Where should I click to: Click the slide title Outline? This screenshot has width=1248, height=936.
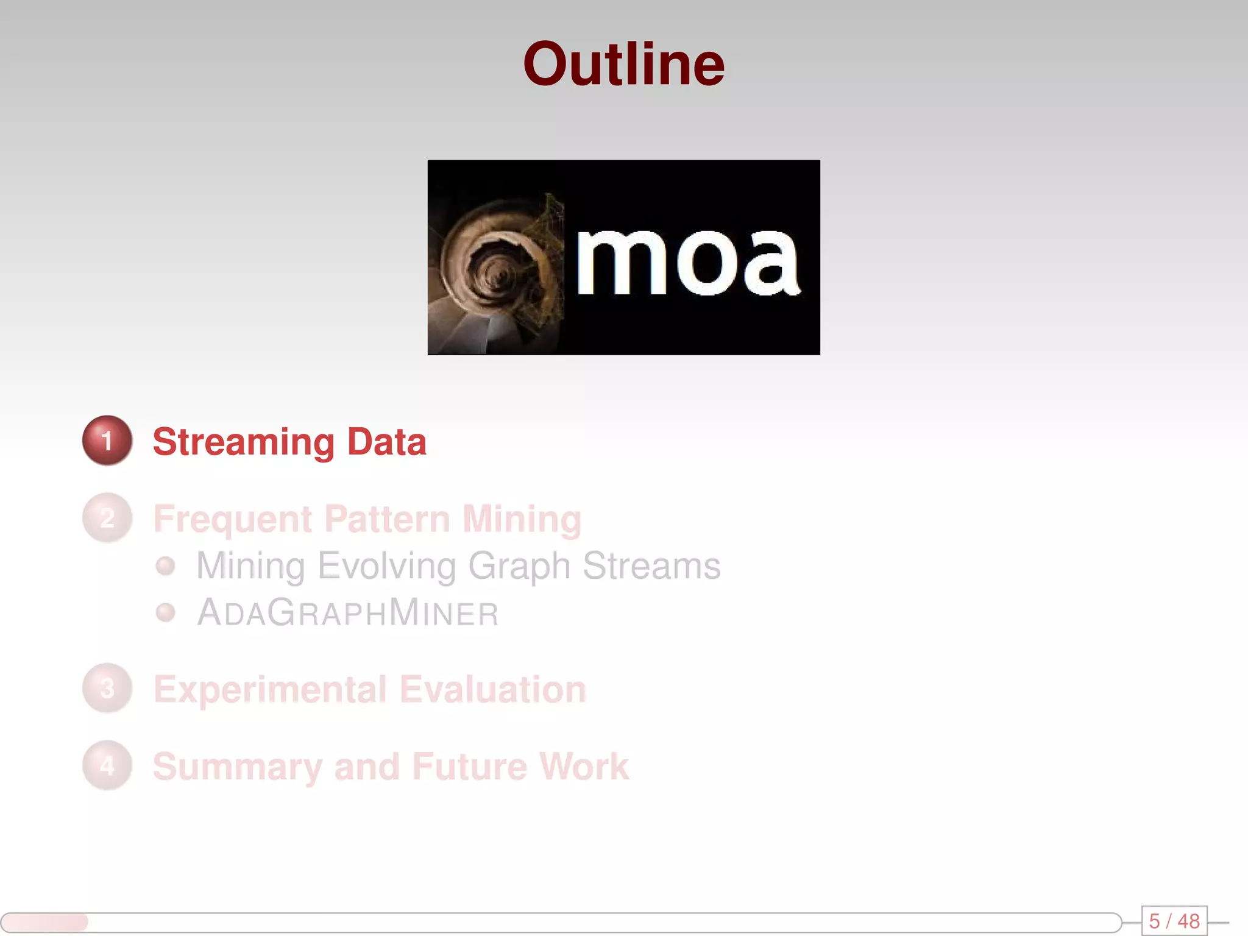coord(623,65)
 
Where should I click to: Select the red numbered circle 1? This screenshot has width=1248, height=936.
coord(107,441)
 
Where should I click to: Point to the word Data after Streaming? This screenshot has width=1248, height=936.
coord(386,441)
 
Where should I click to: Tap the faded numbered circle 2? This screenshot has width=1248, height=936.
coord(107,518)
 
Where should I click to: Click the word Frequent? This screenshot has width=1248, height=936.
coord(233,519)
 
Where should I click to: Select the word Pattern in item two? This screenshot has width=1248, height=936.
coord(387,519)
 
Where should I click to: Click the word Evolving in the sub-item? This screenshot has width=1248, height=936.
coord(386,566)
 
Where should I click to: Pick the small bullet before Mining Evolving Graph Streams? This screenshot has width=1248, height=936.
coord(165,566)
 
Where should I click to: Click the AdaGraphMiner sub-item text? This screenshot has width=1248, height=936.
coord(348,613)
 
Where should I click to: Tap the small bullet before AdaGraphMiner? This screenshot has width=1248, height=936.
coord(165,612)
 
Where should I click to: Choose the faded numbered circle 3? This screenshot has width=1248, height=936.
coord(107,689)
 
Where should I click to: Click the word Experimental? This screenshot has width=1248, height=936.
coord(270,690)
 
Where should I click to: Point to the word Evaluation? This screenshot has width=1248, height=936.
coord(493,690)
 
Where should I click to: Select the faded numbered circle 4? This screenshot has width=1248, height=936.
coord(107,766)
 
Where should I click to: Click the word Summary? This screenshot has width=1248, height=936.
coord(237,767)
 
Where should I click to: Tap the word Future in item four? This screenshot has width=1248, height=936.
coord(469,767)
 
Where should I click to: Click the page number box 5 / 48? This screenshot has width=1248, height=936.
coord(1174,921)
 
